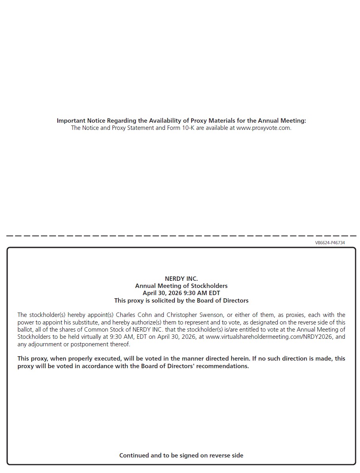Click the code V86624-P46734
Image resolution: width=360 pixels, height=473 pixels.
(x=330, y=243)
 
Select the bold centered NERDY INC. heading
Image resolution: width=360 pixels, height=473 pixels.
(x=181, y=279)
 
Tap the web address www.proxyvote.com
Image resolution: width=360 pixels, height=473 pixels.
(x=263, y=128)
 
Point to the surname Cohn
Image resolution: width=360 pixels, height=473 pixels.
(x=144, y=315)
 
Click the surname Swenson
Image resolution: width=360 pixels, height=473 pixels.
(x=211, y=315)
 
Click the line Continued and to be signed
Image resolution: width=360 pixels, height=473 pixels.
(x=181, y=456)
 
